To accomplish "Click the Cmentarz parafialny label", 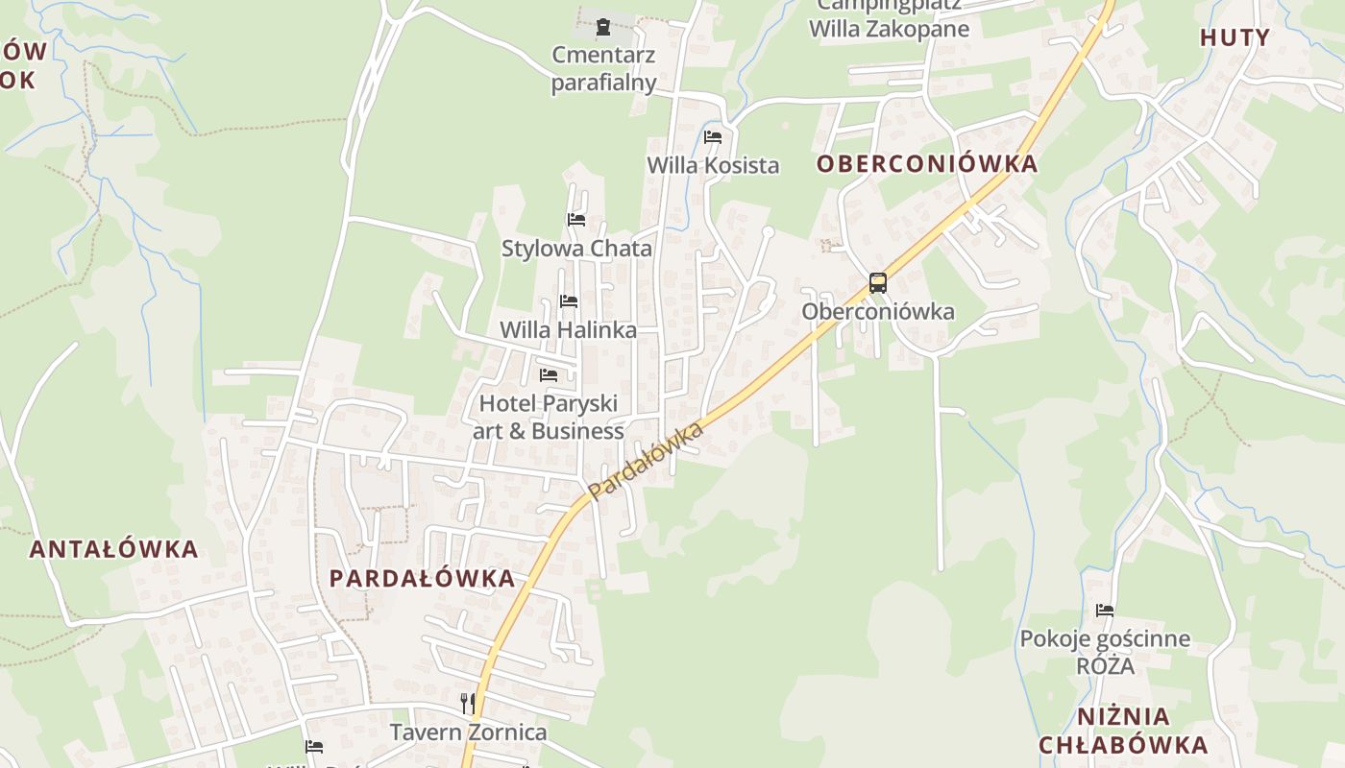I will click(x=603, y=68).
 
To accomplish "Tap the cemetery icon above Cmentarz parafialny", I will click(x=602, y=26).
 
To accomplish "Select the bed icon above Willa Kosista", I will click(x=713, y=137).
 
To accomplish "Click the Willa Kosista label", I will click(x=713, y=165).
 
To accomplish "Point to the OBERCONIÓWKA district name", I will click(x=927, y=164).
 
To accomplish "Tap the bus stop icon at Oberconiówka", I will click(x=877, y=283).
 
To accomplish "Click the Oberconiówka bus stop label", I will click(x=878, y=312).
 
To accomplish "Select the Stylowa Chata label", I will click(x=576, y=249).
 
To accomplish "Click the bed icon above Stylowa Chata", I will click(x=576, y=220).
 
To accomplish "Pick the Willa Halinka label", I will click(x=568, y=330).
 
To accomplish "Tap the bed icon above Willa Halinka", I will click(x=569, y=301).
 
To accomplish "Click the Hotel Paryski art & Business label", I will click(x=549, y=418).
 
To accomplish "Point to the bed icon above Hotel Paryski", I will click(x=549, y=374).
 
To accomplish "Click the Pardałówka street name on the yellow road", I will click(x=646, y=462).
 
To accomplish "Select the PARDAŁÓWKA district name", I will click(x=423, y=579).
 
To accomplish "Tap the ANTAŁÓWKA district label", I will click(x=113, y=550).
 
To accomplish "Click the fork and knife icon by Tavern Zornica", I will click(x=468, y=704).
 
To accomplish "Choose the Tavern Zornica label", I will click(x=468, y=732).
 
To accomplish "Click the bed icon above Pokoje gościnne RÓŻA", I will click(x=1105, y=611).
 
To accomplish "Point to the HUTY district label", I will click(x=1235, y=38).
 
